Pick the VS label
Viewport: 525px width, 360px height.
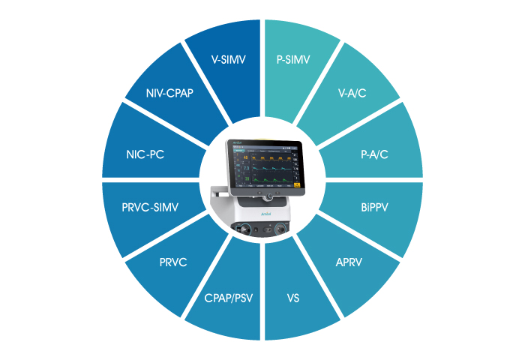[x=293, y=298]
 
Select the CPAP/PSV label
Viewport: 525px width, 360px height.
[x=228, y=298]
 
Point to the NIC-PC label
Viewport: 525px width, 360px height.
[x=145, y=155]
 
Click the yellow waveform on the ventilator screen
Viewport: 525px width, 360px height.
[x=270, y=160]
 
